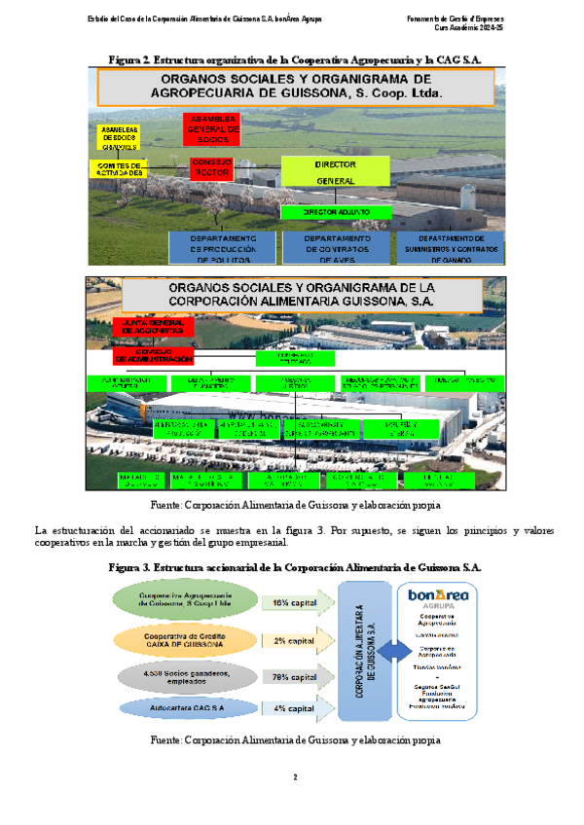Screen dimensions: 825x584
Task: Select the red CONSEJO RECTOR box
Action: coord(210,166)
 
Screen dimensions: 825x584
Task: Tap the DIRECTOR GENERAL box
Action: coord(335,171)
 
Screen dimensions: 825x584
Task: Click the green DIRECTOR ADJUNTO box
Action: coord(335,211)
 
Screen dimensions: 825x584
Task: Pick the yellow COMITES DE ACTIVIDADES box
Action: coord(121,169)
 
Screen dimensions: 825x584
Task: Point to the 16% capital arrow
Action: coord(297,603)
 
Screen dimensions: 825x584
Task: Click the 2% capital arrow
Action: coord(297,641)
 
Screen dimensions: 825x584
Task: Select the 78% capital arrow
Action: coord(297,677)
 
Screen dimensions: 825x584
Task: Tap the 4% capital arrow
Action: coord(297,709)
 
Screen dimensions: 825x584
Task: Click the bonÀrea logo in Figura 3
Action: coord(439,594)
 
